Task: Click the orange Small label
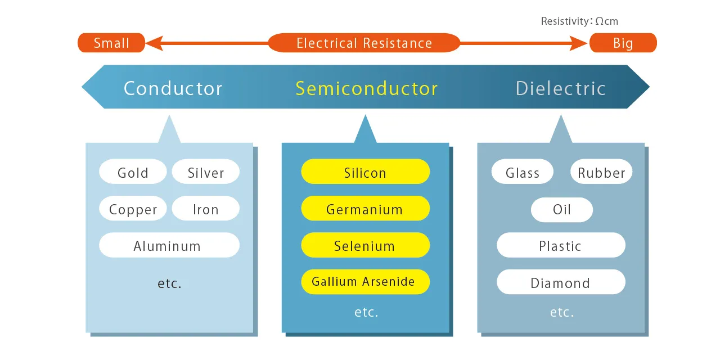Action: coord(111,43)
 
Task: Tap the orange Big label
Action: coord(623,43)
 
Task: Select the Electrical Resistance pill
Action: coord(364,43)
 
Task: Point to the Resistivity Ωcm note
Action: coord(579,21)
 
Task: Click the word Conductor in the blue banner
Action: coord(173,88)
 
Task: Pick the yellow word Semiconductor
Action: coord(366,88)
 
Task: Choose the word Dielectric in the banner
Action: coord(560,88)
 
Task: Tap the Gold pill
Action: coord(133,172)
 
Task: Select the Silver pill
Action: coord(205,172)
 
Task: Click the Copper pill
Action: coord(133,209)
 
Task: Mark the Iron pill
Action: coord(205,209)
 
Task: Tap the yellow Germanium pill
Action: coord(365,209)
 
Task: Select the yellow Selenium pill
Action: coord(365,245)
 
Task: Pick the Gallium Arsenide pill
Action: coord(365,282)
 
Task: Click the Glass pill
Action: coord(522,172)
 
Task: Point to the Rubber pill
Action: coord(601,172)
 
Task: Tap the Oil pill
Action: coord(561,210)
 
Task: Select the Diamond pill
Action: coord(560,282)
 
